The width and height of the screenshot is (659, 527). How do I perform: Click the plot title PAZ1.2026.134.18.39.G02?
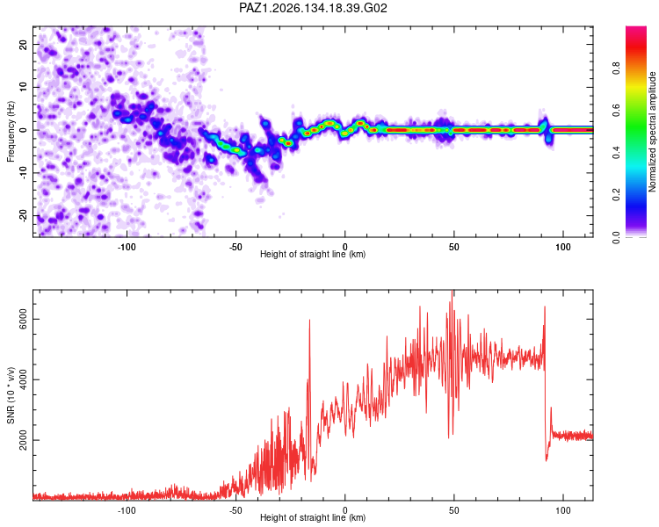(x=313, y=8)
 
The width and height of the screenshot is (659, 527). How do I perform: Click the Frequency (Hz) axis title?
(x=11, y=132)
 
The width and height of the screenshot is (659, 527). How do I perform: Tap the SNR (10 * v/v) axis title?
(x=11, y=395)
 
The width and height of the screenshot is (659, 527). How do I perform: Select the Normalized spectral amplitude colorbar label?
(x=652, y=132)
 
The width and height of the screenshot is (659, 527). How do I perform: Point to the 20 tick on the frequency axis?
(x=23, y=44)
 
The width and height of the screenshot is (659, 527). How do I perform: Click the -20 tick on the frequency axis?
(x=23, y=214)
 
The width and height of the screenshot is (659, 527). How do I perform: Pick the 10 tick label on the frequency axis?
(x=23, y=87)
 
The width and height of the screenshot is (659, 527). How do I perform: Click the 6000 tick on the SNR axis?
(x=23, y=320)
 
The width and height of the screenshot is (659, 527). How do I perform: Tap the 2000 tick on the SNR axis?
(x=23, y=440)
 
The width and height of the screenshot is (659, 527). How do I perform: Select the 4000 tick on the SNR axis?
(x=23, y=379)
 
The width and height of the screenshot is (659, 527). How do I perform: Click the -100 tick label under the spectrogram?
(x=127, y=247)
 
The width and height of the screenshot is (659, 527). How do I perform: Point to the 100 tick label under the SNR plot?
(x=562, y=510)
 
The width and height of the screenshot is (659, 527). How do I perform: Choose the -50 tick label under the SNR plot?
(x=235, y=510)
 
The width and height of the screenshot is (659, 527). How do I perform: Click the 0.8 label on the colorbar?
(x=616, y=68)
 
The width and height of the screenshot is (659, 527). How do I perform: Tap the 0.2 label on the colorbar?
(x=616, y=195)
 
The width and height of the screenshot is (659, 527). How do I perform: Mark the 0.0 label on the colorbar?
(x=616, y=237)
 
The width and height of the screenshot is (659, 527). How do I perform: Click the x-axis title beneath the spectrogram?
(x=313, y=254)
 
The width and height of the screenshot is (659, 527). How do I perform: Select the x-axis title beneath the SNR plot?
(x=313, y=517)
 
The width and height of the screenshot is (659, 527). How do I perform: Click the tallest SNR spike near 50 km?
(x=452, y=291)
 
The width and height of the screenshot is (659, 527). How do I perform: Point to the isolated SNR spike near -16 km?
(x=310, y=321)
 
